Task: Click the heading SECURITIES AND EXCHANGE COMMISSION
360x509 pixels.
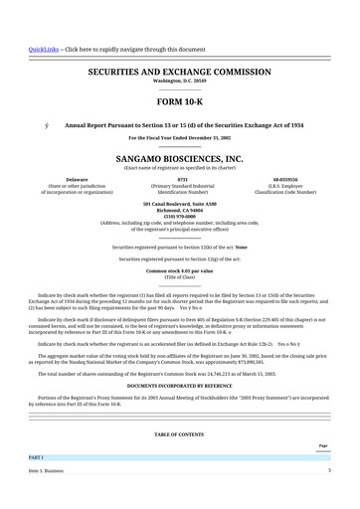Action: click(x=179, y=73)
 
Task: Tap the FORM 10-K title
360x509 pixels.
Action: click(x=179, y=102)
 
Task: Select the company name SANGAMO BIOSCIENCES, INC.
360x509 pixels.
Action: click(x=179, y=158)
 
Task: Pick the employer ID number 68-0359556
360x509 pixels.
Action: click(x=284, y=178)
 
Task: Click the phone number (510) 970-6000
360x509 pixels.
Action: click(x=179, y=216)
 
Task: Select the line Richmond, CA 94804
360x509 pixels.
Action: click(x=179, y=210)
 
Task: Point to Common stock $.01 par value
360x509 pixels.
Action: click(x=179, y=270)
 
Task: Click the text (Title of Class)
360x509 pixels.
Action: click(x=179, y=276)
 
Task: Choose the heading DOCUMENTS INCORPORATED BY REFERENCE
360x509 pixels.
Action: click(x=179, y=384)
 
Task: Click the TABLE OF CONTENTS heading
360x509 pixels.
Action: click(x=179, y=434)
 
